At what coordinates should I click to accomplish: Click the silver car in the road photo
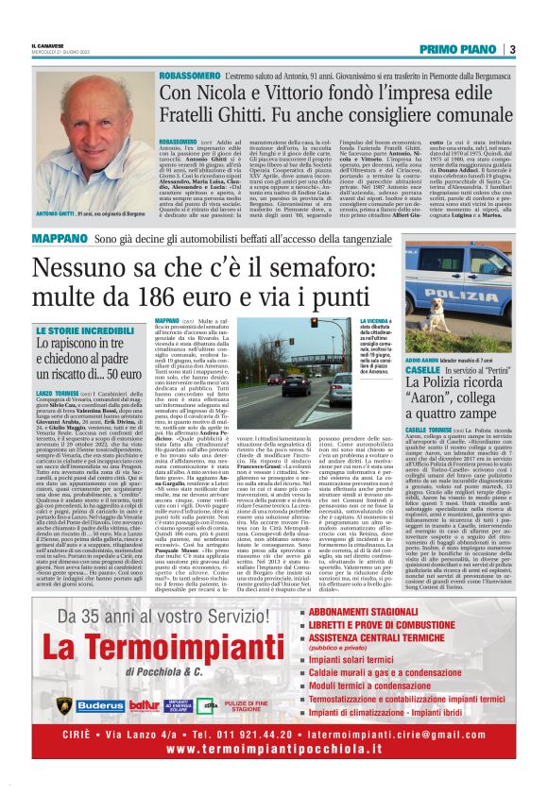click(x=337, y=386)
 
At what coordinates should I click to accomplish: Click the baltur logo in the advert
click(x=144, y=705)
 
